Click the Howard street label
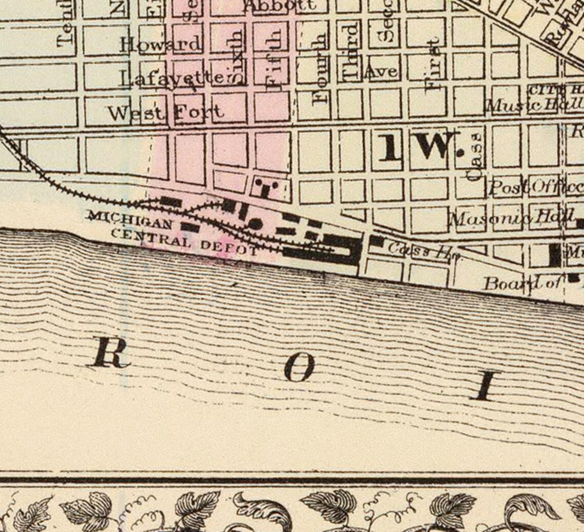160,45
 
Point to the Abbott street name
279,6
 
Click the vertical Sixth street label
236,57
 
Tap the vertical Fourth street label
320,69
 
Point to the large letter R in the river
111,352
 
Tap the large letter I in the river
484,385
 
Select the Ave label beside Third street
381,72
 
